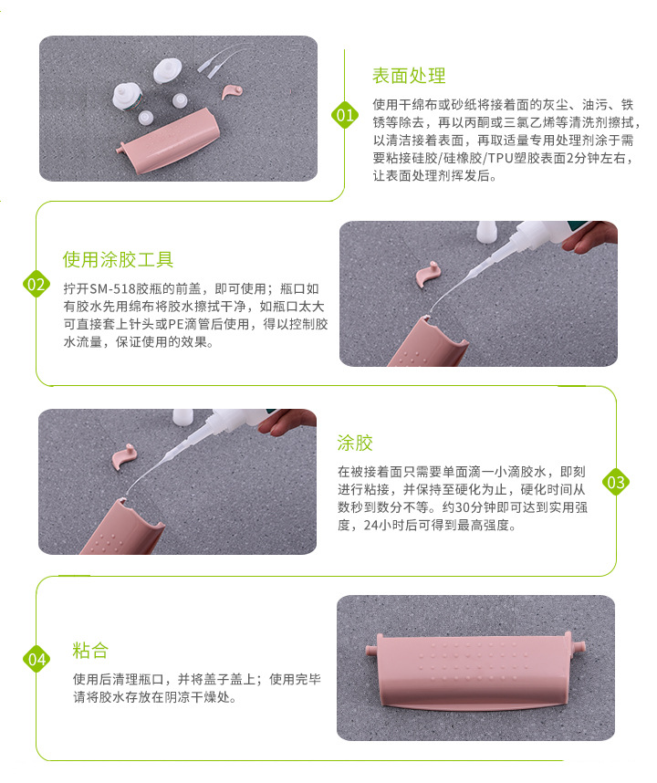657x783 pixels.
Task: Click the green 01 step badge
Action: [x=345, y=115]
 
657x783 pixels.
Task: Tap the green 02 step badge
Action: [x=36, y=285]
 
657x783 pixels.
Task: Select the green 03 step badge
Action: [x=616, y=483]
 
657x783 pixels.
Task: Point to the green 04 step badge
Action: [x=36, y=659]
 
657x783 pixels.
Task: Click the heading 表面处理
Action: [x=409, y=76]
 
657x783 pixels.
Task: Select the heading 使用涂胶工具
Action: [x=118, y=260]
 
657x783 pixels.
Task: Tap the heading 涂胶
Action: [x=355, y=443]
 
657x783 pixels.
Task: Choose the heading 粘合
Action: [x=90, y=651]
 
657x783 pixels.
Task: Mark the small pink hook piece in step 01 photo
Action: [x=232, y=91]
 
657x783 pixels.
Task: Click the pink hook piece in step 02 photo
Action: [x=427, y=274]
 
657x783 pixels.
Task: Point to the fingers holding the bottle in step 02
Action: [x=589, y=235]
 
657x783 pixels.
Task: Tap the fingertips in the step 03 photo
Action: [x=286, y=422]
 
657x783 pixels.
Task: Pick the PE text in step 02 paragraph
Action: [x=174, y=325]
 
